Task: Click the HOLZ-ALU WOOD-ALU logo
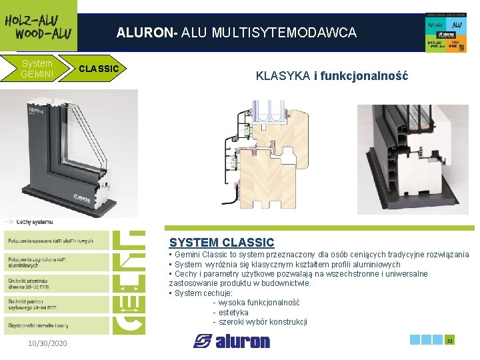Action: click(x=38, y=26)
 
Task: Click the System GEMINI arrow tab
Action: click(x=37, y=68)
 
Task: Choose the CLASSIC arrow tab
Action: click(x=99, y=68)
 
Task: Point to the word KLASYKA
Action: click(x=283, y=76)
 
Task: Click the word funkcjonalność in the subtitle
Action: click(x=364, y=76)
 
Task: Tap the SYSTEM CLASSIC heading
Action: click(x=221, y=243)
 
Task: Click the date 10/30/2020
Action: click(x=48, y=343)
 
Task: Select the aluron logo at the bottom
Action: click(x=232, y=341)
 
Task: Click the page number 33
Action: click(x=449, y=341)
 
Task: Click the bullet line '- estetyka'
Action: click(x=230, y=312)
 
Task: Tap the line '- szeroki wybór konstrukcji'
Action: click(x=259, y=322)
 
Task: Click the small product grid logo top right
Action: click(x=445, y=33)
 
